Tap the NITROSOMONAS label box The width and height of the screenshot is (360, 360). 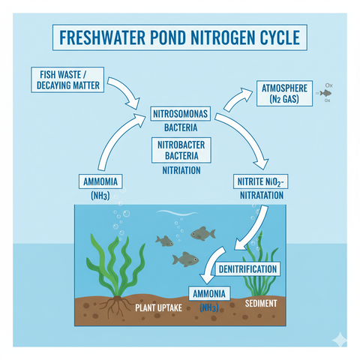tap(179, 114)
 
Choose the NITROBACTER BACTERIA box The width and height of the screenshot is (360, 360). tap(179, 148)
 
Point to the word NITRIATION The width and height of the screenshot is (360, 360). tap(179, 170)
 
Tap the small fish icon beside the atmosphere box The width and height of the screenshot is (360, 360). tap(325, 94)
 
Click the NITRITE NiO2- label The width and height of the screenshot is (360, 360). tap(262, 181)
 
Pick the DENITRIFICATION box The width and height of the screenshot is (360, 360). tap(247, 268)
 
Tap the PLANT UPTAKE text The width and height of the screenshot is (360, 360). tap(159, 307)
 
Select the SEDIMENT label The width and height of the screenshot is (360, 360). tap(261, 303)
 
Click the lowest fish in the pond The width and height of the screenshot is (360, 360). tap(184, 259)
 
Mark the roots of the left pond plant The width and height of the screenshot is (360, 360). tap(118, 305)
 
